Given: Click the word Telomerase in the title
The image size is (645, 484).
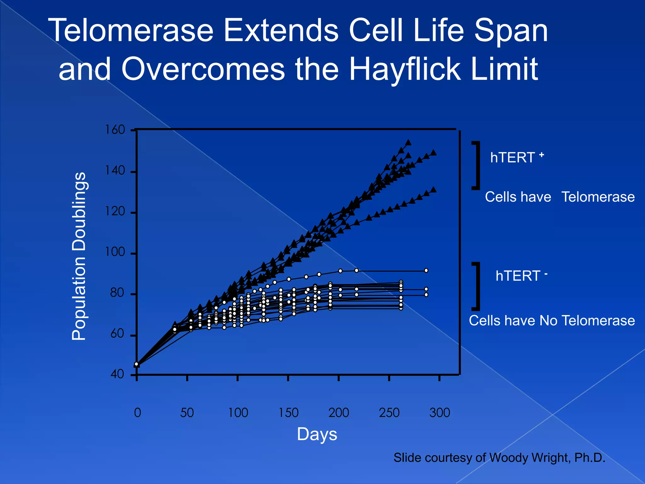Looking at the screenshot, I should click(131, 31).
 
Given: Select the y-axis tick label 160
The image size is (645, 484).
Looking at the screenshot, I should click(115, 130).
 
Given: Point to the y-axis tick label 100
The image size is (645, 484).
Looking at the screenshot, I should click(115, 252).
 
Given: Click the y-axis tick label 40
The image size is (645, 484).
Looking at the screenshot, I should click(117, 374).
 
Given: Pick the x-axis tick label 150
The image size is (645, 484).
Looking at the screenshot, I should click(288, 412).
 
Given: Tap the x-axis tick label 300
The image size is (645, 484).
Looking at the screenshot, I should click(440, 412).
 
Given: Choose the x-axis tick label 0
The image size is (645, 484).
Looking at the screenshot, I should click(138, 412).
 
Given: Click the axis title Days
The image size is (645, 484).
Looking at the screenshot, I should click(317, 434).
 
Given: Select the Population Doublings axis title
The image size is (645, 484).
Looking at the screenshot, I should click(79, 256).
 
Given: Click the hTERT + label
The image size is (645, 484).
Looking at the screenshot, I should click(517, 157).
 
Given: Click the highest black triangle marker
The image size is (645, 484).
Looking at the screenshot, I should click(408, 142).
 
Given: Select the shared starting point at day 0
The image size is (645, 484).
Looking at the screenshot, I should click(136, 365).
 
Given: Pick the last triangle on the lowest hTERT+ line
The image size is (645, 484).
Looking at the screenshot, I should click(433, 190).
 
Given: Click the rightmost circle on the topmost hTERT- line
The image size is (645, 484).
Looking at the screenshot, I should click(426, 271).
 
